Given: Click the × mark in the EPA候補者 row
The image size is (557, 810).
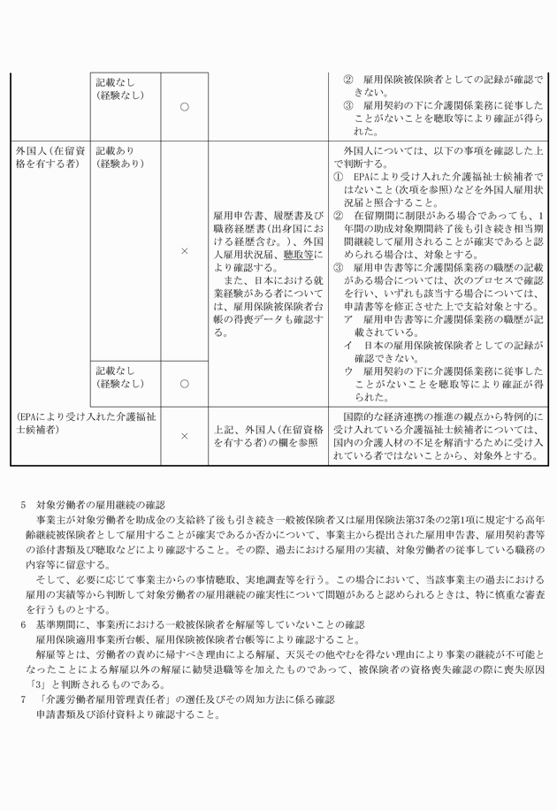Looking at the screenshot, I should coord(184,435).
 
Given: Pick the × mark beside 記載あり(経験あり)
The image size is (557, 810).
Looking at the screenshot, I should coord(184,252).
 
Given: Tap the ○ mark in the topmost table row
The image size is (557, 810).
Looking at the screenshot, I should coord(184,106).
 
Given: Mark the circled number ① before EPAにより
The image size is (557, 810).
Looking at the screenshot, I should coord(339,176).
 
